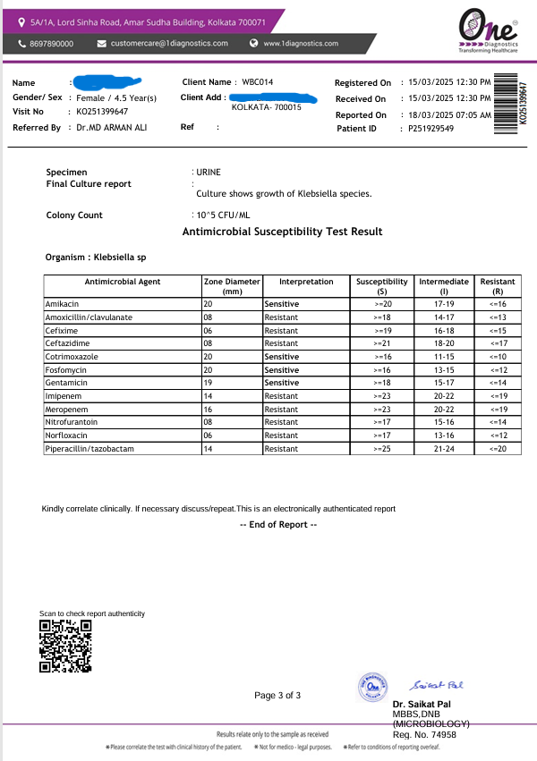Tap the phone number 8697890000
[51, 44]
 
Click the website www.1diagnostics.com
[301, 44]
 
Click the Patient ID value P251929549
[431, 129]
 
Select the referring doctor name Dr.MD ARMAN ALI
[111, 128]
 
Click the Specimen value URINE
[208, 171]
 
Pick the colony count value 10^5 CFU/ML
[223, 215]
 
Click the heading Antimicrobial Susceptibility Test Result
[282, 232]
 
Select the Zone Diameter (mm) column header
[232, 286]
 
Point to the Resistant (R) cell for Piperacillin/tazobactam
[498, 448]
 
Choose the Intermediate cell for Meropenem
[443, 409]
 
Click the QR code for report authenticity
[66, 646]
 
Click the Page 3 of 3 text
[277, 695]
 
